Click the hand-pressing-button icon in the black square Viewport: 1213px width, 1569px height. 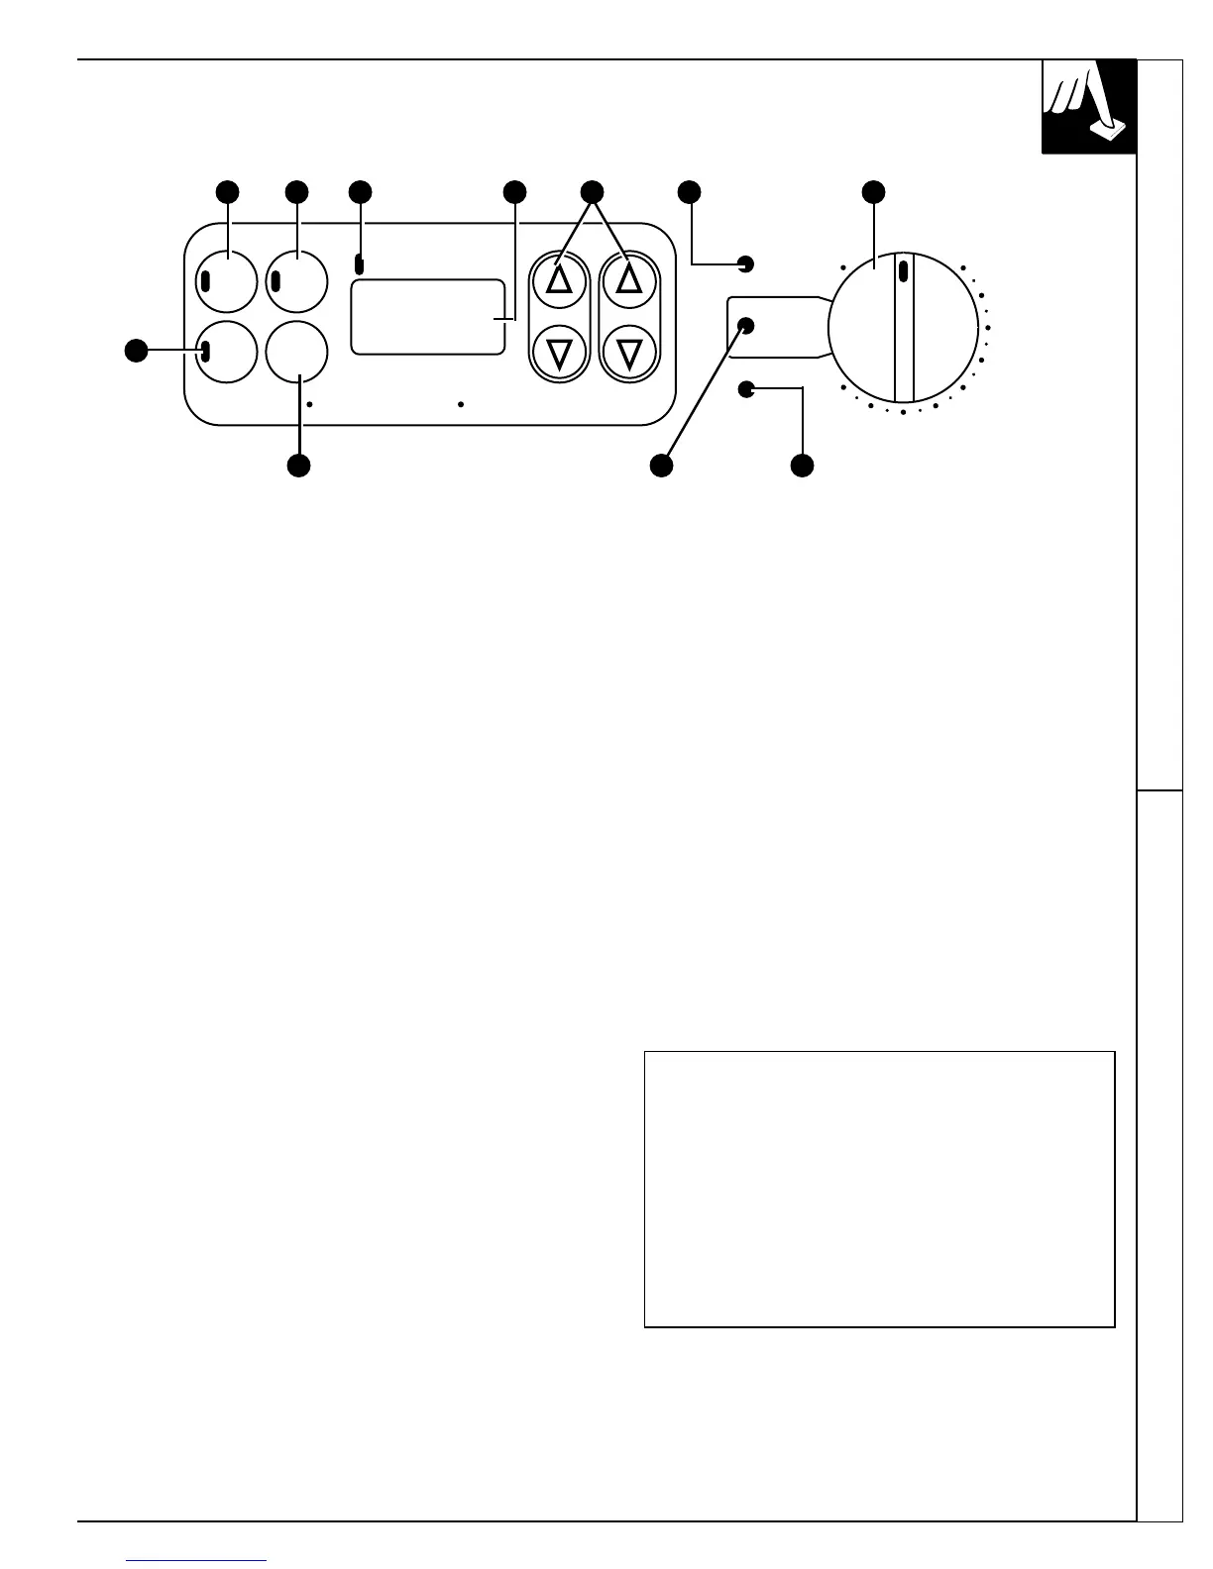point(1088,106)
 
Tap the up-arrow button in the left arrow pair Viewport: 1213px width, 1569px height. point(560,281)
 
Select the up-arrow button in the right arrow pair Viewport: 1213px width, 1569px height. point(629,281)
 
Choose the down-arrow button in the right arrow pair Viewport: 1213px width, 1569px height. point(629,352)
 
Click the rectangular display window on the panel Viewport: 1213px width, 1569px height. point(428,316)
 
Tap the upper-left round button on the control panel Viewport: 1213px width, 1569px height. point(227,281)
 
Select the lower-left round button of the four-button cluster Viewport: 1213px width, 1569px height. point(227,351)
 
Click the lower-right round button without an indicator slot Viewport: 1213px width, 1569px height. point(296,351)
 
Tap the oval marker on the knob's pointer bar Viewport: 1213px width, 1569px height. point(903,270)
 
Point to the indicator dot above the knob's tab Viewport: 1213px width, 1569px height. point(747,263)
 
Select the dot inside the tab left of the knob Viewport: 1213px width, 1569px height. point(747,326)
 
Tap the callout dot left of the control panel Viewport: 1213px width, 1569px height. point(135,350)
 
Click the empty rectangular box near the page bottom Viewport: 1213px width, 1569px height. point(879,1189)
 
